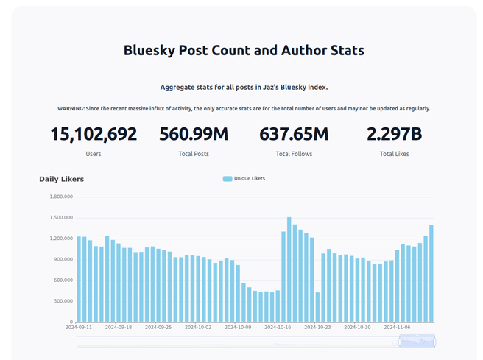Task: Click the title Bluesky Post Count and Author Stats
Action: click(244, 51)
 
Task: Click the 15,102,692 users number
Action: click(94, 135)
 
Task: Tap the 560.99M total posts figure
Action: click(194, 135)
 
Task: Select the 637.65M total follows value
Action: click(294, 135)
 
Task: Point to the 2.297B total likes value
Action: click(394, 135)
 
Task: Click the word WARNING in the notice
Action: click(71, 108)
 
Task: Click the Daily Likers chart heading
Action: click(62, 179)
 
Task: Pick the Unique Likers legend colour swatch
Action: click(227, 178)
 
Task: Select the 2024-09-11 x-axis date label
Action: click(79, 327)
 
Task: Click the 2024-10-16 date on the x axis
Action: click(278, 327)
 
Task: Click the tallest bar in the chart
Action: click(289, 269)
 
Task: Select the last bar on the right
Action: click(431, 273)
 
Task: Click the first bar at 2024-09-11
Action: click(79, 279)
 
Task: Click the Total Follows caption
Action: click(294, 154)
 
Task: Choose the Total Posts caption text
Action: click(194, 154)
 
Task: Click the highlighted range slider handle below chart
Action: click(417, 341)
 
